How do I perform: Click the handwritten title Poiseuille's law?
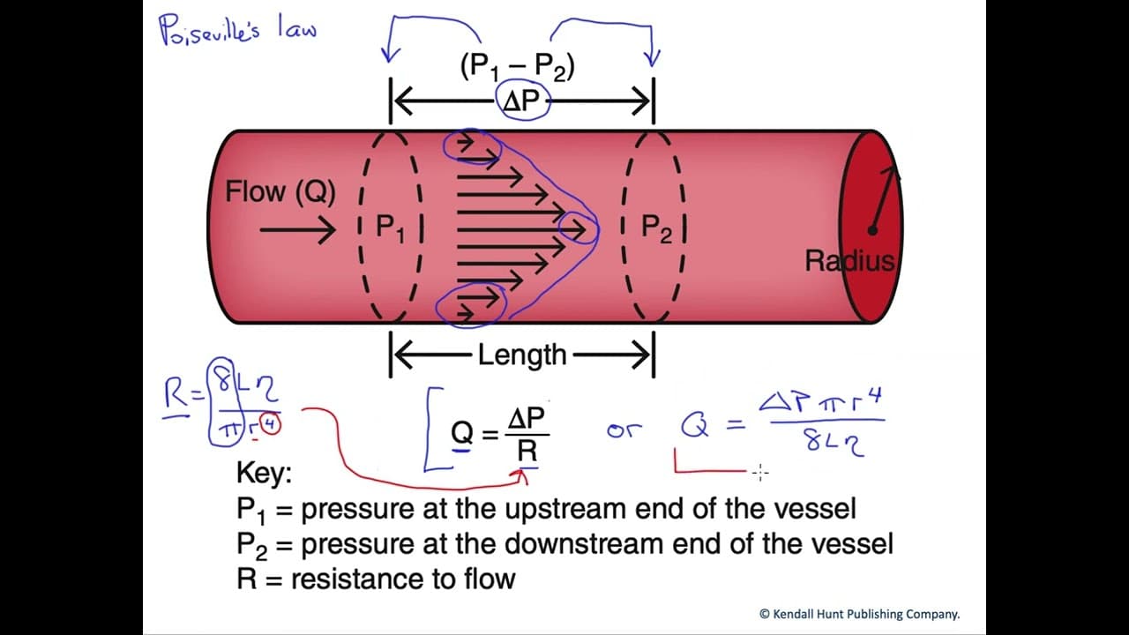(x=238, y=29)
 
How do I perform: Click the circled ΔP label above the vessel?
(x=521, y=101)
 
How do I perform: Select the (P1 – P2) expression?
(x=518, y=66)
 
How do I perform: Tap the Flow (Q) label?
(x=280, y=191)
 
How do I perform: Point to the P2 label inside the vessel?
(x=656, y=228)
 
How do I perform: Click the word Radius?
(x=849, y=261)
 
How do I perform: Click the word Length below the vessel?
(x=522, y=355)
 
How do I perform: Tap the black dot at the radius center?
(x=872, y=231)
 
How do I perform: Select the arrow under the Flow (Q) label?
(x=298, y=230)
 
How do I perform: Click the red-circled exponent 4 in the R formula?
(x=271, y=425)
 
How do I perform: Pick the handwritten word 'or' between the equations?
(x=624, y=430)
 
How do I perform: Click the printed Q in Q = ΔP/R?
(x=462, y=432)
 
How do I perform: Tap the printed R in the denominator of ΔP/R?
(x=527, y=452)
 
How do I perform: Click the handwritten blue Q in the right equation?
(x=695, y=426)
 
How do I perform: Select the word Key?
(x=264, y=474)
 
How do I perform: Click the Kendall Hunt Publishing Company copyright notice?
(x=860, y=615)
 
